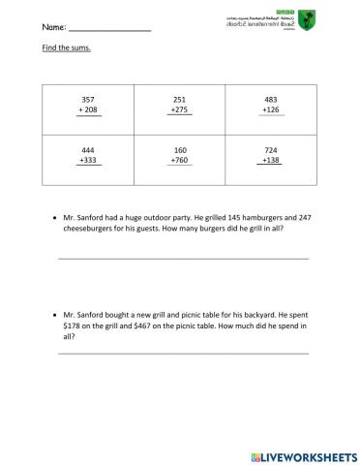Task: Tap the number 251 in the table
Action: pyautogui.click(x=179, y=100)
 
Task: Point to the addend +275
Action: pyautogui.click(x=179, y=110)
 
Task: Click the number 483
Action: pyautogui.click(x=271, y=100)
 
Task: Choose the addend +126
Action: pyautogui.click(x=271, y=110)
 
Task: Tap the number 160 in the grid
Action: pyautogui.click(x=179, y=151)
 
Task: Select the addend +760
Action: pyautogui.click(x=179, y=162)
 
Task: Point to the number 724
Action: pyautogui.click(x=271, y=151)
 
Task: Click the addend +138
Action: pyautogui.click(x=271, y=162)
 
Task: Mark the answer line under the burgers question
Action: pyautogui.click(x=184, y=258)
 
